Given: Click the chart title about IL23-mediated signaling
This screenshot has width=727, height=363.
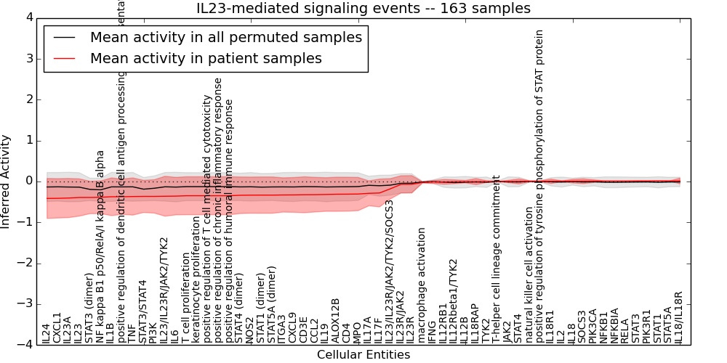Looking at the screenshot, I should pos(363,9).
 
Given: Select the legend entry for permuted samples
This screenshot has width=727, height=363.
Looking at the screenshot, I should pos(225,37).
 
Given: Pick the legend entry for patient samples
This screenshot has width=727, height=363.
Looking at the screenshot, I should pos(206,58).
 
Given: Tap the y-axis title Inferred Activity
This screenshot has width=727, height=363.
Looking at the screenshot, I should pos(7,181).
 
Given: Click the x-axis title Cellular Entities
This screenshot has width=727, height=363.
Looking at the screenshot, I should pos(363,355).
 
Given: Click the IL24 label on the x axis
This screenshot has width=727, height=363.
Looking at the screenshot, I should pos(46,333).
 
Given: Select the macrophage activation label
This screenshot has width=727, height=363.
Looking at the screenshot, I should pos(421,285).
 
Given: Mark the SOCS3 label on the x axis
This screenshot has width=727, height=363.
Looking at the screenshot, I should pos(582,327).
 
